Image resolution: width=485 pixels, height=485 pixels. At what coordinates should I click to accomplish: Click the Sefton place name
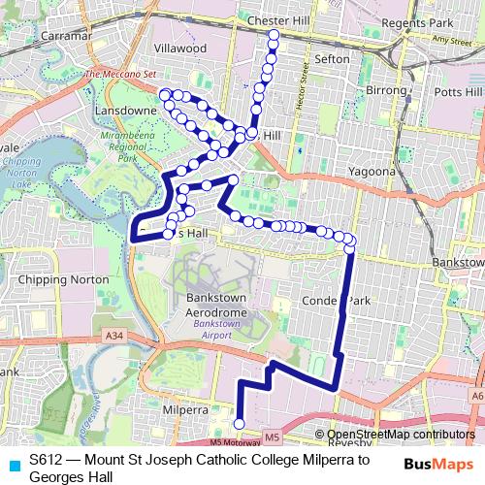click(x=333, y=59)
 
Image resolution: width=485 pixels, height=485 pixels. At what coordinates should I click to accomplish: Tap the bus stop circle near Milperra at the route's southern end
click(x=240, y=423)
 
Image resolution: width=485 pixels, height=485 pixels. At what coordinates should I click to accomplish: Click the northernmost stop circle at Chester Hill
click(x=274, y=35)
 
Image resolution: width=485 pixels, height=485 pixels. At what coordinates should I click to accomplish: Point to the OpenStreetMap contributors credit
click(x=401, y=436)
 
